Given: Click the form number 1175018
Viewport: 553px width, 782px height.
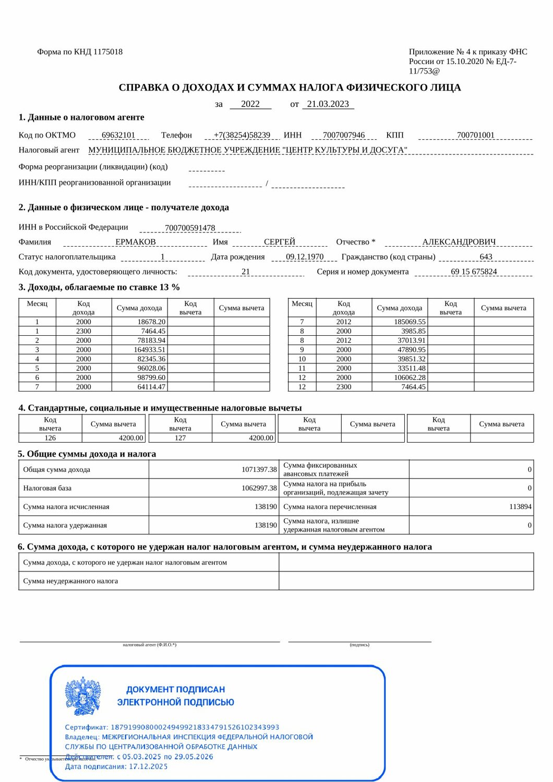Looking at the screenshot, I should (x=107, y=52).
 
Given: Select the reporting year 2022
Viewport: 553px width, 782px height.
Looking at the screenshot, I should (x=250, y=104).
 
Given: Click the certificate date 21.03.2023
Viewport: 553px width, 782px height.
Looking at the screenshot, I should (x=328, y=104).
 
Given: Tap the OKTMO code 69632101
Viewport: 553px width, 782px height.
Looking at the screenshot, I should (x=118, y=135).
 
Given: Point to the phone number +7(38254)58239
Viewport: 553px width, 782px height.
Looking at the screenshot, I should (x=242, y=135).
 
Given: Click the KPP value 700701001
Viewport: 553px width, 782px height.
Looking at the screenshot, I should (x=475, y=135).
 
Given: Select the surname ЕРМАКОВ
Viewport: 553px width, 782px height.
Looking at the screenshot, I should (x=136, y=242).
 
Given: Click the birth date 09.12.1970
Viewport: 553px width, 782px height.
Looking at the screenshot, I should (x=305, y=256).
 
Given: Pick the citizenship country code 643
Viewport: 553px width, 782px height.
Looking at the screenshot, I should (x=486, y=256).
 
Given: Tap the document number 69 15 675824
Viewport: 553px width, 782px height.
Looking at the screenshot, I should (x=474, y=272).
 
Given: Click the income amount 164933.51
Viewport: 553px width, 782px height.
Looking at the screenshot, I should (x=150, y=350).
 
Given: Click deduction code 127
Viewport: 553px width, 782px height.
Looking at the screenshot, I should (x=180, y=438).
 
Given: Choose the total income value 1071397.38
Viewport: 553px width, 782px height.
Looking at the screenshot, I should (x=259, y=470).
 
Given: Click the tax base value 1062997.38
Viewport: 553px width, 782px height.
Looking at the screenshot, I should (x=259, y=488).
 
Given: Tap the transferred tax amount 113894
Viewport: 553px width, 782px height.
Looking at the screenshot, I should (x=520, y=507).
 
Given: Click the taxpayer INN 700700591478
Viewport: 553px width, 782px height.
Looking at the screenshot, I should (x=190, y=228).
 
